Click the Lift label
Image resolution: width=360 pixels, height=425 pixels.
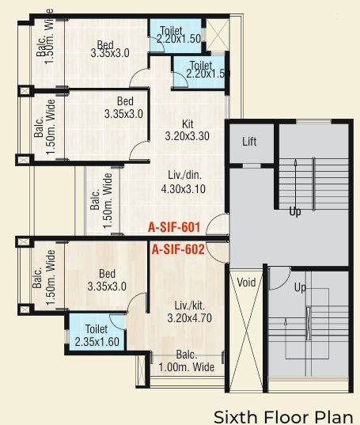pyautogui.click(x=250, y=142)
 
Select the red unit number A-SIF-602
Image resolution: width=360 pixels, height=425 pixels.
pyautogui.click(x=179, y=250)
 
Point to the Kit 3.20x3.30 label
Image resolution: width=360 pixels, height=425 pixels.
pyautogui.click(x=187, y=131)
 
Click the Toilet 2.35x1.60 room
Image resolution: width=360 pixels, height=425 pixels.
pyautogui.click(x=97, y=336)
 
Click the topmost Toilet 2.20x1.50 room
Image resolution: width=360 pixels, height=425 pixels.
pyautogui.click(x=176, y=32)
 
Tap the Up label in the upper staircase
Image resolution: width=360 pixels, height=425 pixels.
pyautogui.click(x=295, y=212)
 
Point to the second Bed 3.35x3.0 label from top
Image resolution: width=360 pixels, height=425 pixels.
pyautogui.click(x=124, y=108)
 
